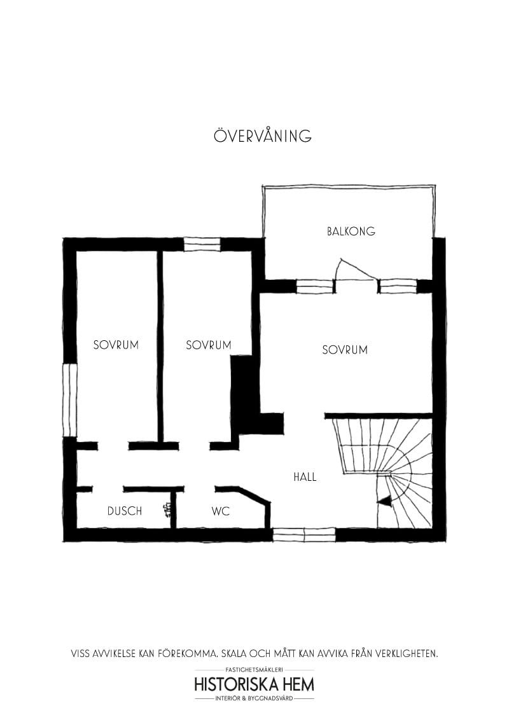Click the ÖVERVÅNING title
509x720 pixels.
pos(263,135)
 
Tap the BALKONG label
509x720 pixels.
pos(351,231)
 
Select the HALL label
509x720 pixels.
pos(305,476)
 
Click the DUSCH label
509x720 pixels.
pos(125,511)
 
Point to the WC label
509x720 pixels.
pos(221,511)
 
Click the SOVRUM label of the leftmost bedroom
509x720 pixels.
pos(116,345)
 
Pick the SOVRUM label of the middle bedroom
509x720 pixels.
pos(209,345)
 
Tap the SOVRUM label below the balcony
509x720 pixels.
pos(345,350)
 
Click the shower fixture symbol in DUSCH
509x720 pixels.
pos(167,509)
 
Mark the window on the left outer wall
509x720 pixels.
pos(70,400)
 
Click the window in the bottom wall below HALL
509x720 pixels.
pos(304,535)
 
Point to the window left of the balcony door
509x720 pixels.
pos(315,286)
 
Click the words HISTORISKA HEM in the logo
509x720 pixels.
pos(254,684)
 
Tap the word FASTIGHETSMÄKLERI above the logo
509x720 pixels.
pos(254,670)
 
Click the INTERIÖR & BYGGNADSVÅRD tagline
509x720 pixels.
pos(254,698)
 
